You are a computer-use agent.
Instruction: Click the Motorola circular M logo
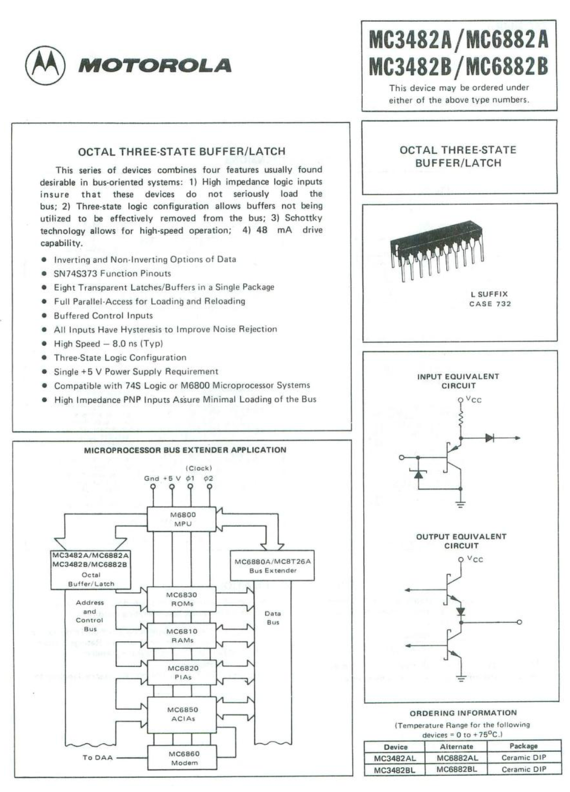[x=45, y=66]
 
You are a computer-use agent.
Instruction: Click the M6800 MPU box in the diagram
[x=183, y=519]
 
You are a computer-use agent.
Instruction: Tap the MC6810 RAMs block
[x=182, y=636]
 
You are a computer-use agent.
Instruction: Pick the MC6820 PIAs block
[x=183, y=673]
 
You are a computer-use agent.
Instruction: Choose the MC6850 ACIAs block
[x=182, y=714]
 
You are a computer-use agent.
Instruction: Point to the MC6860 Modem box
[x=183, y=758]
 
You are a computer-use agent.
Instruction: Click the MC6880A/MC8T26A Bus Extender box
[x=273, y=566]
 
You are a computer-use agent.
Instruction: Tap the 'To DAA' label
[x=98, y=758]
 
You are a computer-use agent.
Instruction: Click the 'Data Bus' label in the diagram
[x=273, y=618]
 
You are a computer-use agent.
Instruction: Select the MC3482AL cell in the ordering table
[x=395, y=758]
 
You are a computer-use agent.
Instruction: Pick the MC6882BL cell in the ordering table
[x=456, y=770]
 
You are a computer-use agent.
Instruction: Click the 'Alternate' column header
[x=456, y=747]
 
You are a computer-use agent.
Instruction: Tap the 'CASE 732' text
[x=490, y=304]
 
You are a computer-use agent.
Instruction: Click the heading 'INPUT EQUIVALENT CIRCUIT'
[x=458, y=381]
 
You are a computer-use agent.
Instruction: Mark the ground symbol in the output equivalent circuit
[x=461, y=678]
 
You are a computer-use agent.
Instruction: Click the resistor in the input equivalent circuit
[x=461, y=419]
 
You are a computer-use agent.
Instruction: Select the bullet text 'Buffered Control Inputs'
[x=103, y=316]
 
